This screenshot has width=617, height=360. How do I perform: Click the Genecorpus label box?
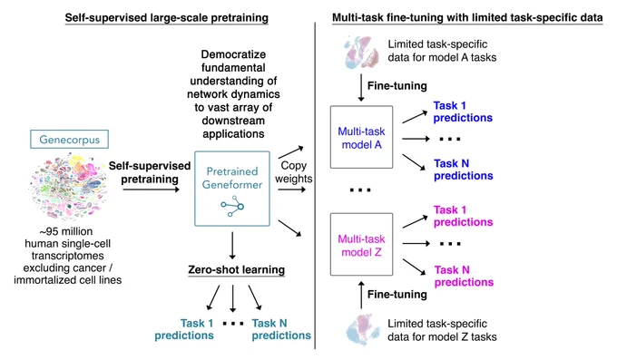[x=69, y=140]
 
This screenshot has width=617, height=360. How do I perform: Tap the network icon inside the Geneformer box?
[x=232, y=206]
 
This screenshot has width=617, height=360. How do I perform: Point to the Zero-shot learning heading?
[x=237, y=270]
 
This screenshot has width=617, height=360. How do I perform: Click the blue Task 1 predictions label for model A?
[x=463, y=112]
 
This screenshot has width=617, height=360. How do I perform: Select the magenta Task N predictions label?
[x=464, y=276]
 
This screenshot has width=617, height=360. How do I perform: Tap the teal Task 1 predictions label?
[x=184, y=329]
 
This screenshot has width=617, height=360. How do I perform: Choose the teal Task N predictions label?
[x=281, y=329]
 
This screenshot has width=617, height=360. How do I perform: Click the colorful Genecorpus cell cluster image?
[x=68, y=187]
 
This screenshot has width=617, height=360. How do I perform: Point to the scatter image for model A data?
[x=361, y=53]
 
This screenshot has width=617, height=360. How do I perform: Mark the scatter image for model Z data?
[x=363, y=330]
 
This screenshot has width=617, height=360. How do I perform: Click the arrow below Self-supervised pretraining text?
[x=152, y=190]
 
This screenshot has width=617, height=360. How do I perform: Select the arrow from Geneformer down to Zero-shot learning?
[x=232, y=246]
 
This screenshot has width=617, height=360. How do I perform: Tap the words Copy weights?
[x=294, y=172]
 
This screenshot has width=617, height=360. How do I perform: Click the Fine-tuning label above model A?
[x=397, y=86]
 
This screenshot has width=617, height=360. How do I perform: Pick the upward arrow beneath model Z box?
[x=361, y=295]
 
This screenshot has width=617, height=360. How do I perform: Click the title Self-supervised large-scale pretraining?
[x=166, y=18]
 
